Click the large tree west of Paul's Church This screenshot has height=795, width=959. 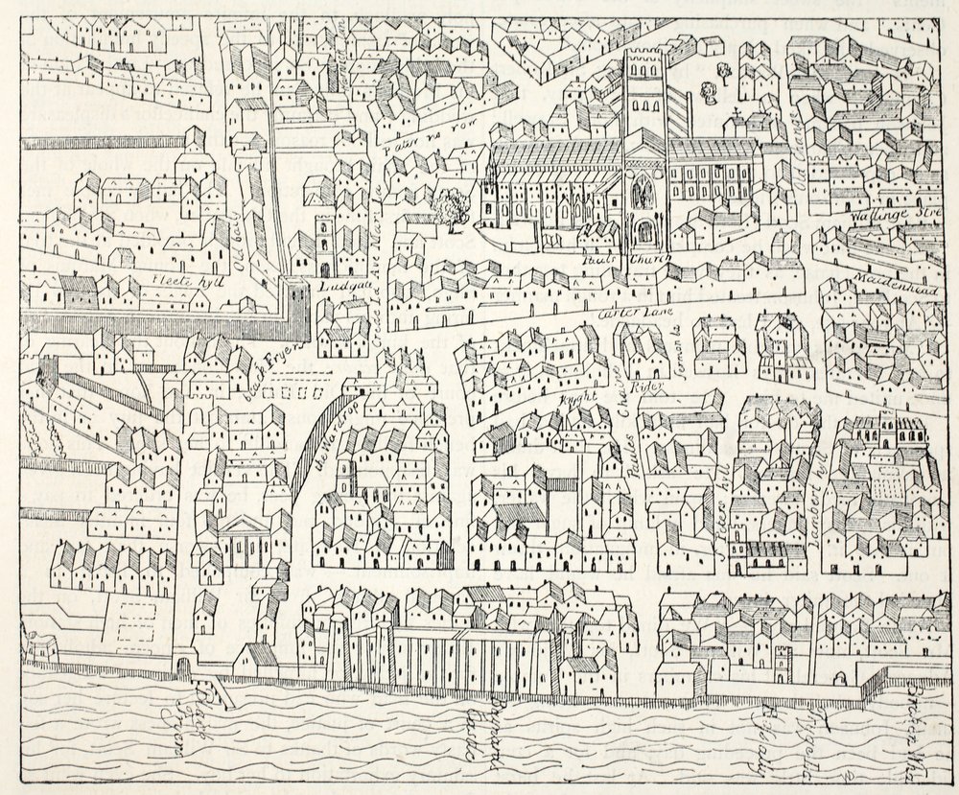(450, 206)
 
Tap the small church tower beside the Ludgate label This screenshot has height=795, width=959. (322, 244)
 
